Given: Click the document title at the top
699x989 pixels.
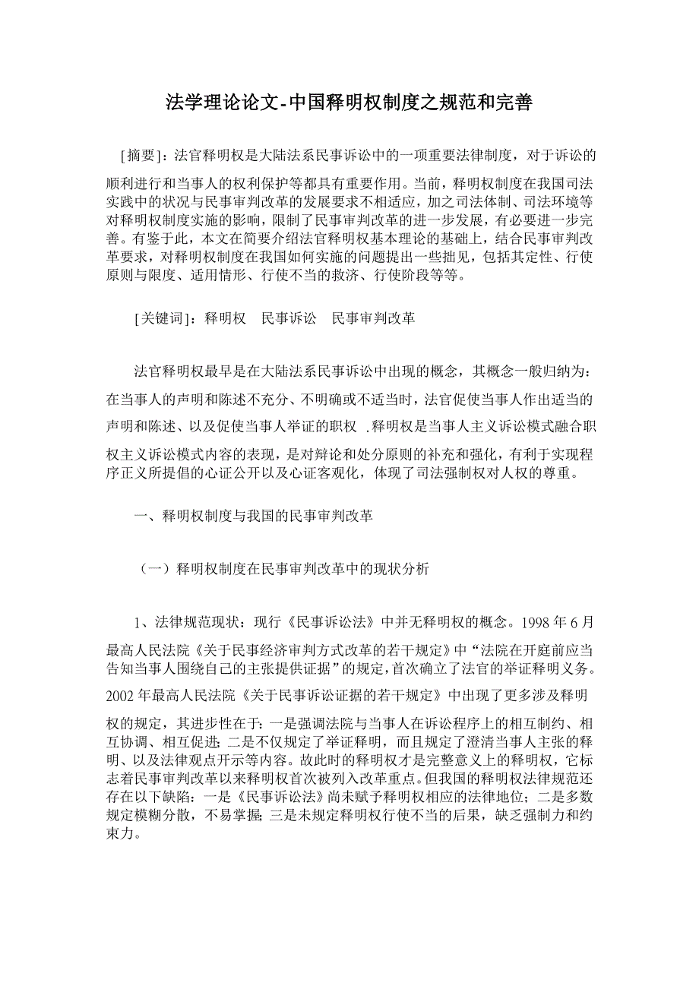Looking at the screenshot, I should coord(349,103).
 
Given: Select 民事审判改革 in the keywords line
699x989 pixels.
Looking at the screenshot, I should coord(374,319).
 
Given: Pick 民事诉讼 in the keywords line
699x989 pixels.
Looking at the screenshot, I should coord(289,319).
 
